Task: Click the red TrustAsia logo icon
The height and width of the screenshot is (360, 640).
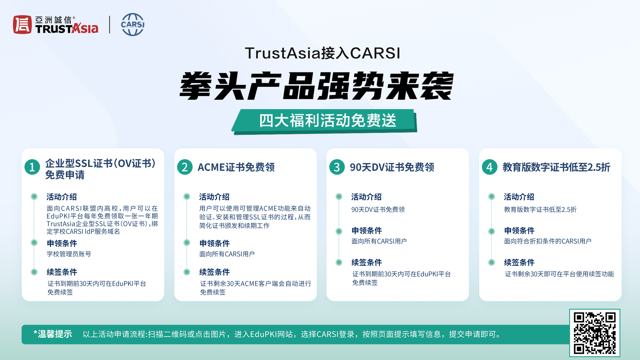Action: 22,25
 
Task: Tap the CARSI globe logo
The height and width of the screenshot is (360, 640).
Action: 133,24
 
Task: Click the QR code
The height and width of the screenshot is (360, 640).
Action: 595,333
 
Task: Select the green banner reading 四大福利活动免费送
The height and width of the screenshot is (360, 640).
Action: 324,121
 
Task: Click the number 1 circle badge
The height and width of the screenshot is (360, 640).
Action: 32,167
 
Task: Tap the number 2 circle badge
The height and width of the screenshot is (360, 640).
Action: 185,167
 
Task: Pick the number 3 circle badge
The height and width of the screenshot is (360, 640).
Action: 337,167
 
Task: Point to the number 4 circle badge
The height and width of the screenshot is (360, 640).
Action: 490,167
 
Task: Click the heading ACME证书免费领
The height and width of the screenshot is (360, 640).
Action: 236,167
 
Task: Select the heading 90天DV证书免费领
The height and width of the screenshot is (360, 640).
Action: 392,167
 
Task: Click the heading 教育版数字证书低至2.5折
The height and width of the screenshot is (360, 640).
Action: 556,167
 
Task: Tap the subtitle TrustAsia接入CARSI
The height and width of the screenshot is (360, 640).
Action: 323,53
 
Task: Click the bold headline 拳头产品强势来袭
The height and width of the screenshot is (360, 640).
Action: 316,86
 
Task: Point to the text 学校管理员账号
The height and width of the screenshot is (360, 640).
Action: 69,254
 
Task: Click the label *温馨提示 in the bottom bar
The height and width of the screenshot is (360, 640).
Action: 53,334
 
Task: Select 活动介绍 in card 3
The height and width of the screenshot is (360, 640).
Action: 366,197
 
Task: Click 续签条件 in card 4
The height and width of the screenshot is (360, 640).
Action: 519,263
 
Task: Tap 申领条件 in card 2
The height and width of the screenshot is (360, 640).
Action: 214,244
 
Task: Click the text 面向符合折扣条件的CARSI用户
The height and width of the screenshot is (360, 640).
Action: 548,241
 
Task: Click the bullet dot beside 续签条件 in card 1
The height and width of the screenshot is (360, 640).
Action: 34,272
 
